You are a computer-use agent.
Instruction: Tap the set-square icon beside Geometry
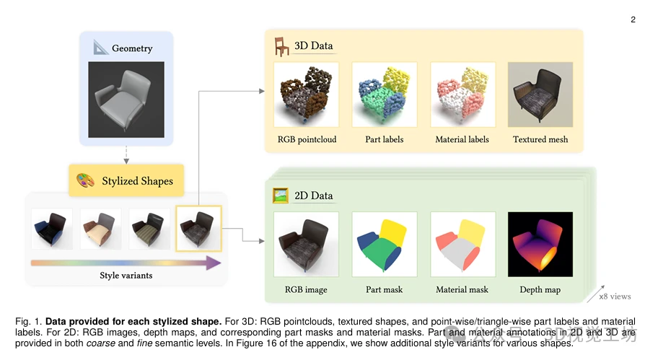100,48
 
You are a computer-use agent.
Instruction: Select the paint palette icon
86,180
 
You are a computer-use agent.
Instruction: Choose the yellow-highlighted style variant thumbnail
199,228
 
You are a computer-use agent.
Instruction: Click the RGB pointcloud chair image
306,94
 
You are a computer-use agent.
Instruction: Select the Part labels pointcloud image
384,94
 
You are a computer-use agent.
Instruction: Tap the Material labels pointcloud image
462,94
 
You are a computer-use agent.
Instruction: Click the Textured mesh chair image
540,94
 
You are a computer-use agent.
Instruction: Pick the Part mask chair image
384,244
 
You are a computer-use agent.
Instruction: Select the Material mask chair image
462,244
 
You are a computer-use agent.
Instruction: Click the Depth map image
540,244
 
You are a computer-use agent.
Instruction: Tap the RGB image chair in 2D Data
306,244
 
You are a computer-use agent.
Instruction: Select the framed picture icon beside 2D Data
280,195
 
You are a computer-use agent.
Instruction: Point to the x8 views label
615,297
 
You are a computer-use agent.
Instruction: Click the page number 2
633,19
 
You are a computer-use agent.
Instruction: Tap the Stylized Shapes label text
136,180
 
